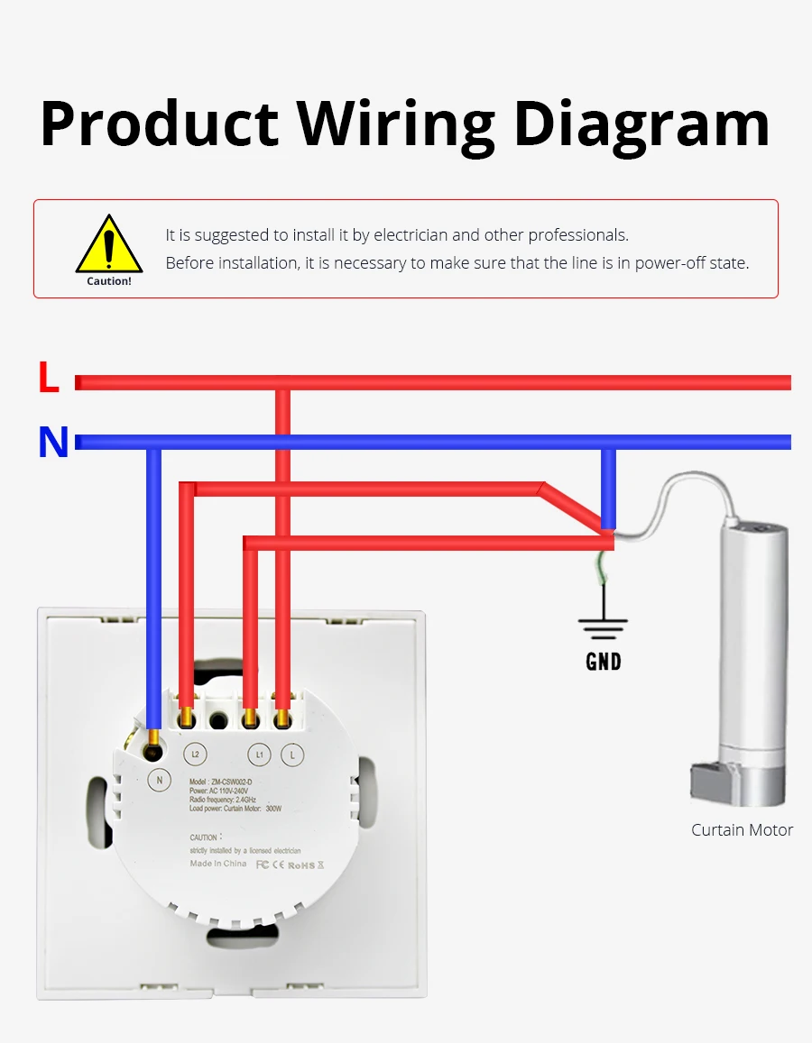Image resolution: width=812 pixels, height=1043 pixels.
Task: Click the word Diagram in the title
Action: click(x=641, y=124)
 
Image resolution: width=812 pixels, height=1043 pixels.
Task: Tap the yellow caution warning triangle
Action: click(x=109, y=245)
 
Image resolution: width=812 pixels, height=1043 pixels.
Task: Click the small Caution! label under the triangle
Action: click(x=109, y=281)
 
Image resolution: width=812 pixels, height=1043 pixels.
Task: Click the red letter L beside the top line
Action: click(x=49, y=378)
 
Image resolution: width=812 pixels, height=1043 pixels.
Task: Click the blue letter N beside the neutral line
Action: click(x=53, y=443)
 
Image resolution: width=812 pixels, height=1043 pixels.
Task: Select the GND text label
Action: click(x=604, y=662)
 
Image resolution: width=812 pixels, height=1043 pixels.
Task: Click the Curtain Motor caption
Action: click(x=742, y=830)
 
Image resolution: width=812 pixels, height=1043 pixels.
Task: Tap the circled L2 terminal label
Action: click(x=195, y=754)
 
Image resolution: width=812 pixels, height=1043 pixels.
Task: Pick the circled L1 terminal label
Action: click(x=259, y=754)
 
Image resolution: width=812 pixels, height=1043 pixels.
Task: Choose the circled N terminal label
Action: click(x=160, y=780)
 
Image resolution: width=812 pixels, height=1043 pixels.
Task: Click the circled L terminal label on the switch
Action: click(x=292, y=755)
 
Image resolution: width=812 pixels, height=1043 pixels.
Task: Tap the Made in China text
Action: click(x=217, y=864)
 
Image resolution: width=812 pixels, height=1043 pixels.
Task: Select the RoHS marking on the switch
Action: click(x=302, y=865)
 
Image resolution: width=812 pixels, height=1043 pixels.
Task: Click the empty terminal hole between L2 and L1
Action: click(x=217, y=720)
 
